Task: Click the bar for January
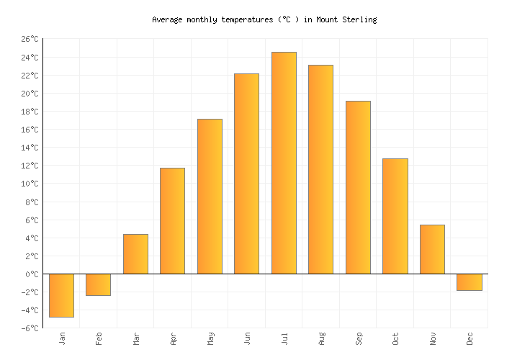61,295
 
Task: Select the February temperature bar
98,284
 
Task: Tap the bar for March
135,254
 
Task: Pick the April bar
172,221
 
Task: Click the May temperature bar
210,197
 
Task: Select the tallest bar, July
284,163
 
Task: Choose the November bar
432,249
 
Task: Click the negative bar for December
469,282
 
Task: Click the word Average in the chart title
167,19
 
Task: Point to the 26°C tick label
29,39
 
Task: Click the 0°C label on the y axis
31,274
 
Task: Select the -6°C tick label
29,328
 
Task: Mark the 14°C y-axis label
29,148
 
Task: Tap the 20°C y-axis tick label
29,94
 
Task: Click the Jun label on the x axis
247,338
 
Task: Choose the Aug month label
321,338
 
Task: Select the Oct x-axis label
395,338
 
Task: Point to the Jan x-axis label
62,338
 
